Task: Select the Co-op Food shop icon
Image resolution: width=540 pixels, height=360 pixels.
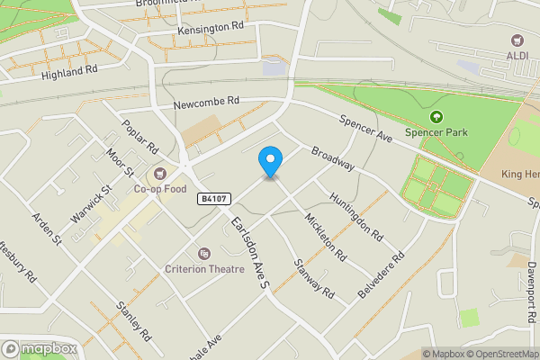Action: tap(160, 173)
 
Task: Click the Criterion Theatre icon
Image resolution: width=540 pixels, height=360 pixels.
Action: tap(204, 254)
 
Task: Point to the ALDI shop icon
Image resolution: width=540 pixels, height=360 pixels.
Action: tap(517, 40)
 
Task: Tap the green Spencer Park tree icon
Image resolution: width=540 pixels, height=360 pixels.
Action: tap(436, 117)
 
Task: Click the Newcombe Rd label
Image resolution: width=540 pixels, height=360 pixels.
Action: tap(207, 103)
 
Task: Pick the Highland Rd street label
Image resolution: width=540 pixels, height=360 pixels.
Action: tap(67, 71)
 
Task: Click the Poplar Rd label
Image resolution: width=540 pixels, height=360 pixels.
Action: tap(139, 138)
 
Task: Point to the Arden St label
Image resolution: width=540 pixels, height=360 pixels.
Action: tap(46, 229)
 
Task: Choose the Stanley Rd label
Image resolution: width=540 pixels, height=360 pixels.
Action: tap(131, 320)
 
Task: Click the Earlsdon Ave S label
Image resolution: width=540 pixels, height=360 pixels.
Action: tap(249, 252)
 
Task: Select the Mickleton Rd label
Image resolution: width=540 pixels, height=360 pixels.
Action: tap(325, 237)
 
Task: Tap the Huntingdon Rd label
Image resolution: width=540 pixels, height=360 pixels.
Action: tap(356, 217)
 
